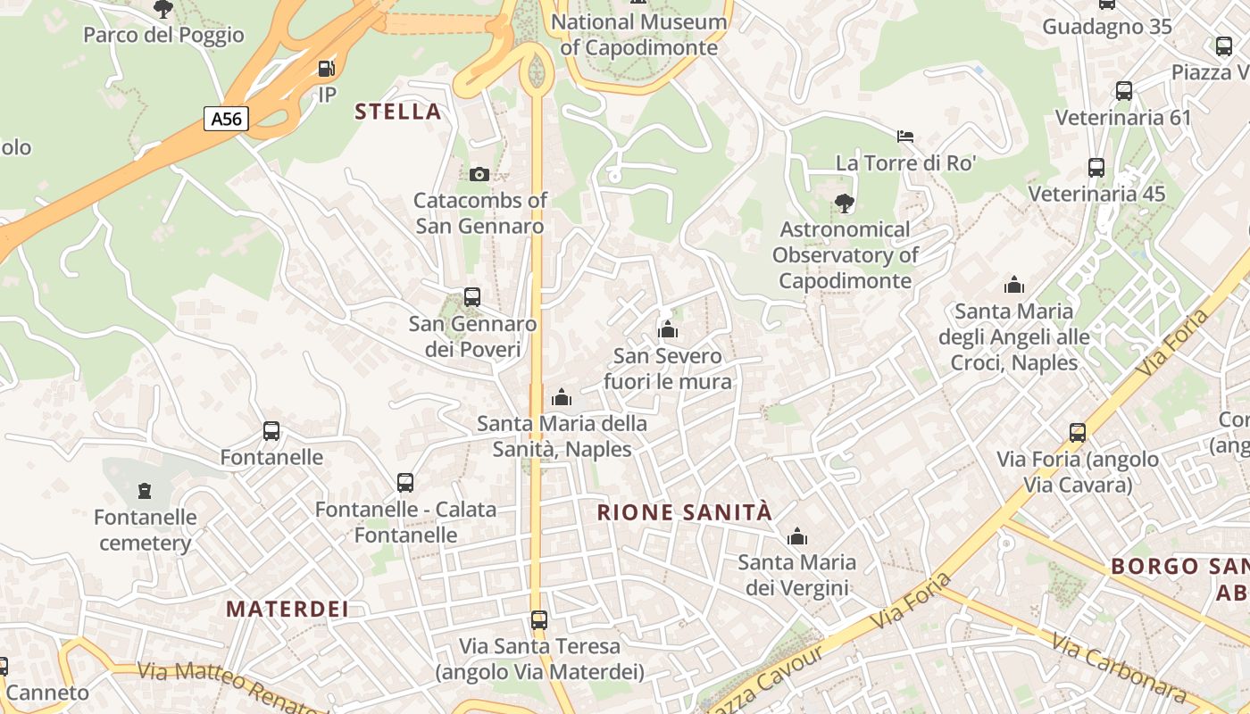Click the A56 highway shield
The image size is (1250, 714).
click(226, 119)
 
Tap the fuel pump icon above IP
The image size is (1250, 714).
click(328, 69)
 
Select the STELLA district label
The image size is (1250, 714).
click(398, 112)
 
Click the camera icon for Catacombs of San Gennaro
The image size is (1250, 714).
click(479, 174)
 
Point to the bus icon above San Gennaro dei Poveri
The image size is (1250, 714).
click(472, 297)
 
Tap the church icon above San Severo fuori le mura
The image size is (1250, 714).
click(668, 330)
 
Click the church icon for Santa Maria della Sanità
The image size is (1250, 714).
click(562, 397)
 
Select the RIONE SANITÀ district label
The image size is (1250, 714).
click(685, 512)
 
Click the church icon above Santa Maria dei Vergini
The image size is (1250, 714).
click(797, 536)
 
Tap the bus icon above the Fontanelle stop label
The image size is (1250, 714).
click(271, 431)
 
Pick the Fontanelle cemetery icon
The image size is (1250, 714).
click(145, 490)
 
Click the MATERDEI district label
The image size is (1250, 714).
click(287, 610)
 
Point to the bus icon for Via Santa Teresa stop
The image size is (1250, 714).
click(539, 619)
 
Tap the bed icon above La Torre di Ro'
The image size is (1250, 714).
click(905, 137)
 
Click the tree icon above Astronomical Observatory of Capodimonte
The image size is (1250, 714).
click(844, 203)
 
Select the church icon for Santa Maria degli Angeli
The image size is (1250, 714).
click(1014, 286)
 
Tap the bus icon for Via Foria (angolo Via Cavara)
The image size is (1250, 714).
click(1078, 433)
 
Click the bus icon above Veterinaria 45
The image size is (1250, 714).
click(1096, 168)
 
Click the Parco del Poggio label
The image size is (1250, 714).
click(163, 35)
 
